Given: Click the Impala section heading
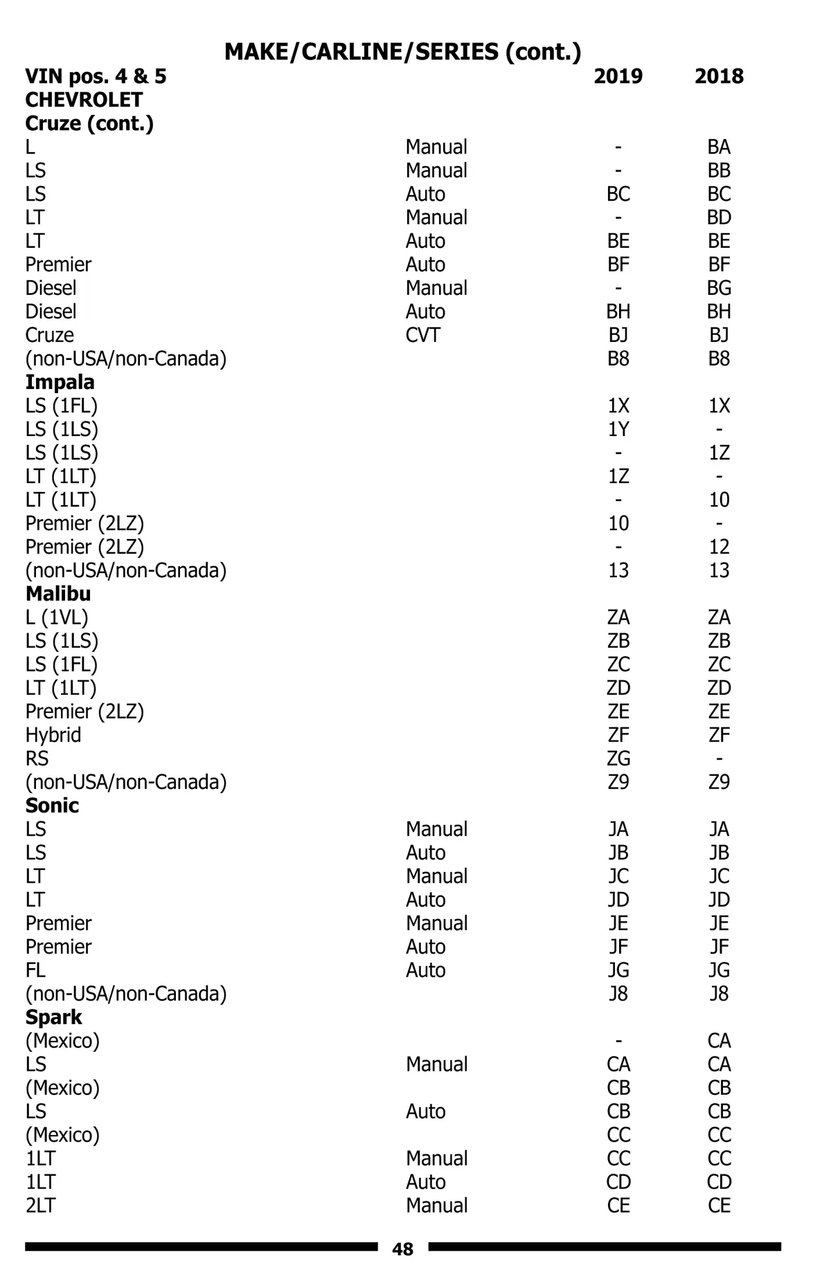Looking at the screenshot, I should (60, 382).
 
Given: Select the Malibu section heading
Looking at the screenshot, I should (58, 594).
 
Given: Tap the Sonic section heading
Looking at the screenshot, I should (52, 806).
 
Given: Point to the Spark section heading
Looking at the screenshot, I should (53, 1017).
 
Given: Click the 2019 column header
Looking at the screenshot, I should (618, 76).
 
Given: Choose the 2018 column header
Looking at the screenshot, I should (719, 76).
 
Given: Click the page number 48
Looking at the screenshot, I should (402, 1249).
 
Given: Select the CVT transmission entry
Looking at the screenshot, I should (422, 335).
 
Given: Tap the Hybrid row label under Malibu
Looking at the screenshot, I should (53, 735).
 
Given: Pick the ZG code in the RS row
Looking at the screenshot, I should (618, 758).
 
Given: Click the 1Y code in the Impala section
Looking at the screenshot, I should (618, 429).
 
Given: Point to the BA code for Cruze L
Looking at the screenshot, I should (719, 147).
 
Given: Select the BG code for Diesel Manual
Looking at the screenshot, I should (719, 288).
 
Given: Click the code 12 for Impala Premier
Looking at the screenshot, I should (719, 547).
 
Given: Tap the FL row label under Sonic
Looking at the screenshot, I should (35, 970).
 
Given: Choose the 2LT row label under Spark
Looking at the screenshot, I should (40, 1206).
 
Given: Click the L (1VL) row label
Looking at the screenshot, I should (57, 617).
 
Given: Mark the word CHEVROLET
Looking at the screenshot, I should (84, 100).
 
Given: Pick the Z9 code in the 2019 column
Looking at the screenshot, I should (618, 782).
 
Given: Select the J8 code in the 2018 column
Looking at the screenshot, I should (719, 994).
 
